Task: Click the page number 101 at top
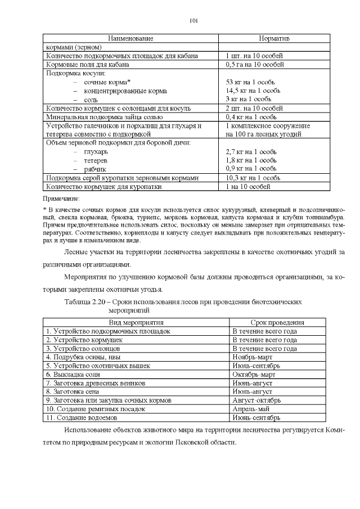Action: (193, 21)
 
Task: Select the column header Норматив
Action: (274, 38)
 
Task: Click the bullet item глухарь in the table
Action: (96, 152)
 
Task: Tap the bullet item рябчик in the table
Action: (96, 169)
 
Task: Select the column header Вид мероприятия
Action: (136, 323)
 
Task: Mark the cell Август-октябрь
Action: (257, 400)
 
